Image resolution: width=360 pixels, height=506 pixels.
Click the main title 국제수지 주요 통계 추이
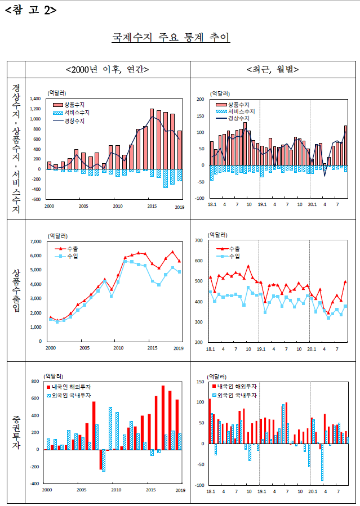[171, 37]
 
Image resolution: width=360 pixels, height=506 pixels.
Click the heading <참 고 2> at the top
[31, 10]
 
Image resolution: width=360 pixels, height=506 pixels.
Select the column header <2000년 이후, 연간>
[107, 69]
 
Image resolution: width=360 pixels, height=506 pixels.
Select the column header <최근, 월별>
[273, 69]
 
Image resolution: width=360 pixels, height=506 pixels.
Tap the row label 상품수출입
[16, 290]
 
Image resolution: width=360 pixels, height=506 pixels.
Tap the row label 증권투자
[16, 432]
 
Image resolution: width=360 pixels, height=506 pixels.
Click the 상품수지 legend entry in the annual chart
[69, 105]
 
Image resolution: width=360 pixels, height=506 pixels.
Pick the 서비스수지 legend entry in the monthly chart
[235, 111]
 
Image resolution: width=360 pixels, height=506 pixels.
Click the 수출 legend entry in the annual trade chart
[66, 249]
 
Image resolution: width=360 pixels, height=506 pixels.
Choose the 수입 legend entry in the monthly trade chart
[228, 256]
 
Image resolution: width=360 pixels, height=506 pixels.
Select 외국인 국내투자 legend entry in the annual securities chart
[69, 395]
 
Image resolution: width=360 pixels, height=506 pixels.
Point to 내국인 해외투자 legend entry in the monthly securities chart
[234, 386]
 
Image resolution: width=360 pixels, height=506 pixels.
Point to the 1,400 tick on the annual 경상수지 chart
[35, 98]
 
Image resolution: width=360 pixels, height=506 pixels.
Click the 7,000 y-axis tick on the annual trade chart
[36, 241]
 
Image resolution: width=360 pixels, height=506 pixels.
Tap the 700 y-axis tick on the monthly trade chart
[199, 240]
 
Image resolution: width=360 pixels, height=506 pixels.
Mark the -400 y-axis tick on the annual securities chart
[34, 483]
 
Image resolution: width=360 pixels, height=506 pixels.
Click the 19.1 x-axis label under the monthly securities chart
[262, 491]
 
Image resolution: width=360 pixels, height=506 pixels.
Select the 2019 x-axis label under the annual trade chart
[179, 348]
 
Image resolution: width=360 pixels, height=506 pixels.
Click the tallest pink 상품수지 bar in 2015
[152, 139]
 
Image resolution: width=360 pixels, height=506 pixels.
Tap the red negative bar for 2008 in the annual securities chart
[101, 459]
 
